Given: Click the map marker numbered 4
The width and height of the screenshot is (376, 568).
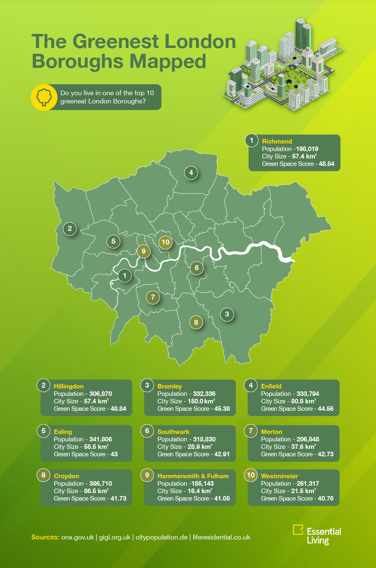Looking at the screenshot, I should click(x=191, y=173).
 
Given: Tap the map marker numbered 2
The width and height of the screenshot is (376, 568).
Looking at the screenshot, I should click(x=70, y=228).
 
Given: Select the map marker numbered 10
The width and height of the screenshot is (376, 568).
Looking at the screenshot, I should click(x=165, y=242).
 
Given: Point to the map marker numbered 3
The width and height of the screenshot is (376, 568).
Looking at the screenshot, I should click(x=227, y=314).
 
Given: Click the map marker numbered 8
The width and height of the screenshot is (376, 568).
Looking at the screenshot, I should click(x=196, y=322).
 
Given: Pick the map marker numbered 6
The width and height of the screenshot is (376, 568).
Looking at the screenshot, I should click(x=197, y=268).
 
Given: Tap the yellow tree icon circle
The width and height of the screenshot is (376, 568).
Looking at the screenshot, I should click(x=44, y=98).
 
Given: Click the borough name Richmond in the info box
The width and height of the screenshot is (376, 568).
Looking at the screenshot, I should click(x=277, y=141).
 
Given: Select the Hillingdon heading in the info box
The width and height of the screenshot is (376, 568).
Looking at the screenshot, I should click(x=69, y=386).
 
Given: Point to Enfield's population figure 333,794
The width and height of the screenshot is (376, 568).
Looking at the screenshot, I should click(x=308, y=394).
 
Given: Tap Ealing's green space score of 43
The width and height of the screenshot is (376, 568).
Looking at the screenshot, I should click(x=114, y=454).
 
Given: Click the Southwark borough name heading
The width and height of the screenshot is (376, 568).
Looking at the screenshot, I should click(x=173, y=432).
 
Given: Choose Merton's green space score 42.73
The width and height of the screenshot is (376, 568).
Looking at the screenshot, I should click(x=326, y=454).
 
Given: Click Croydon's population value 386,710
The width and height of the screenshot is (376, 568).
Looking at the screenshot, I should click(x=101, y=484).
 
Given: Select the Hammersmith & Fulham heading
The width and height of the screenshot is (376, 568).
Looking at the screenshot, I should click(x=193, y=476).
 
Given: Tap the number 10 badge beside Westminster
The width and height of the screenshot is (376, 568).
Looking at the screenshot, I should click(x=251, y=475).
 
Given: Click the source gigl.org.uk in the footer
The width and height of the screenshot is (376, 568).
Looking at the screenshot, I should click(x=115, y=537).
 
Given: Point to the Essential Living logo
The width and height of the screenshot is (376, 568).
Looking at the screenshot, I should click(x=317, y=535).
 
